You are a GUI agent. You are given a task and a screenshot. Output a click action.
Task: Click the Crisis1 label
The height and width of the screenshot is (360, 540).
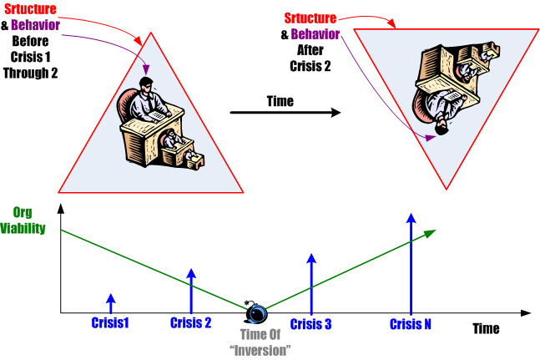click(x=110, y=323)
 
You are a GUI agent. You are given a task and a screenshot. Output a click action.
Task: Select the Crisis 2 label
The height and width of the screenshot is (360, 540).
click(x=190, y=323)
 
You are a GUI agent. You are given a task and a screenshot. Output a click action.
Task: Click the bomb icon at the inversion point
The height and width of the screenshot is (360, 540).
click(x=257, y=313)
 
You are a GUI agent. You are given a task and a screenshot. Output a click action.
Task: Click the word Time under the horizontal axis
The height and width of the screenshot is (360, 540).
click(x=486, y=329)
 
